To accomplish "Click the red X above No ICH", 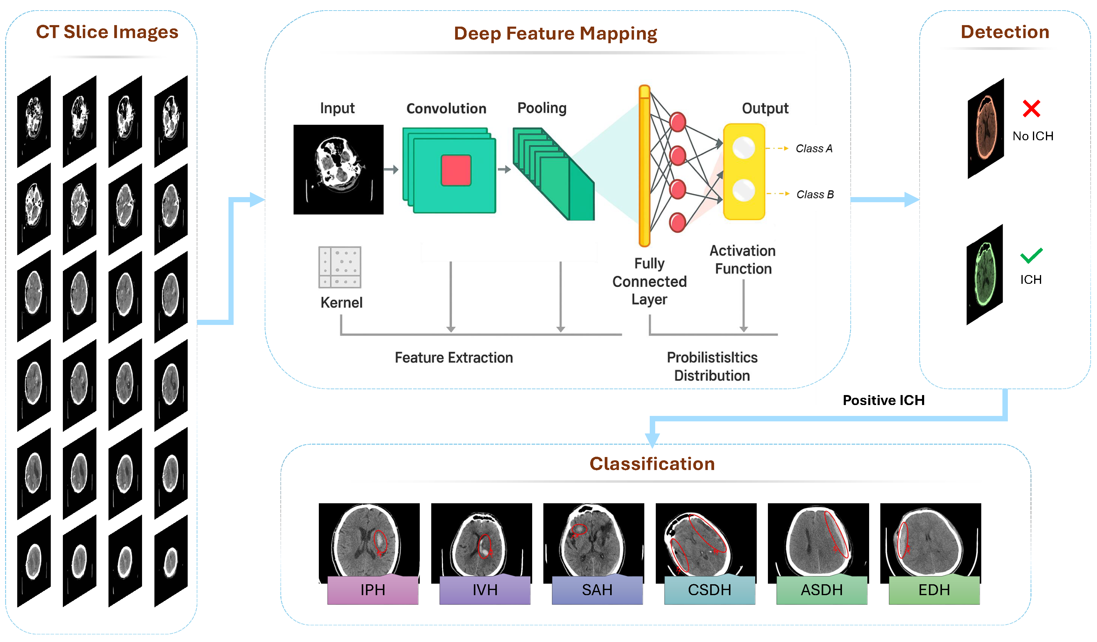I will point(1031,109).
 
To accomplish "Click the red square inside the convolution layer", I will point(456,170).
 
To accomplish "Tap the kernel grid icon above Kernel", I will point(340,267).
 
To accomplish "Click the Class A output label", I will point(814,148).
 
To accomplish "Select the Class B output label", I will point(814,195).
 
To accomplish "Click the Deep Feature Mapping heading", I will point(555,34).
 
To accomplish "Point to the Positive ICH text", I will point(883,400).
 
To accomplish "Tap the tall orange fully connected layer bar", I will point(644,165).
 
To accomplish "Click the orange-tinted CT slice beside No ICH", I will point(985,128).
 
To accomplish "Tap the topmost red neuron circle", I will point(677,122).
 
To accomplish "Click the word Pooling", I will point(542,108).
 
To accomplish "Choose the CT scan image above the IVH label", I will point(481,540).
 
